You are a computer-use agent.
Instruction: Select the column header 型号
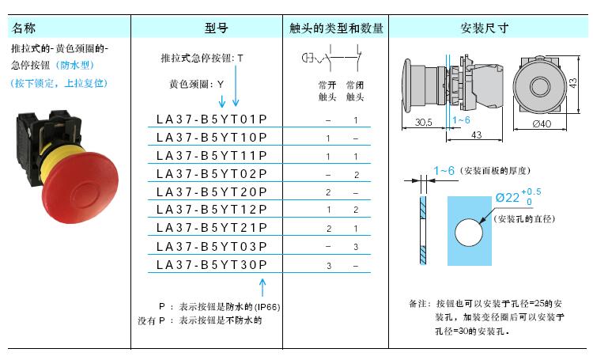pyautogui.click(x=216, y=28)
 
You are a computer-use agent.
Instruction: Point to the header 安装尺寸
pyautogui.click(x=484, y=28)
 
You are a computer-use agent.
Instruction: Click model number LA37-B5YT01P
pyautogui.click(x=211, y=119)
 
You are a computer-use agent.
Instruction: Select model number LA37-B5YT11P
pyautogui.click(x=211, y=155)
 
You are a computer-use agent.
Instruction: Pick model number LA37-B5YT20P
pyautogui.click(x=211, y=191)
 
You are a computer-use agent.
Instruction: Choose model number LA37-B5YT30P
pyautogui.click(x=211, y=264)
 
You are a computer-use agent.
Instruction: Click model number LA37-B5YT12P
pyautogui.click(x=211, y=210)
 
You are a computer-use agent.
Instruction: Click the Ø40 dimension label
pyautogui.click(x=542, y=123)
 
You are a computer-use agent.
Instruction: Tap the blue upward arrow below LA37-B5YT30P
pyautogui.click(x=262, y=286)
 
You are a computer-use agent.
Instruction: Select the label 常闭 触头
pyautogui.click(x=355, y=90)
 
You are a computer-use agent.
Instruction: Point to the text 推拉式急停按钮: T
pyautogui.click(x=202, y=59)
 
